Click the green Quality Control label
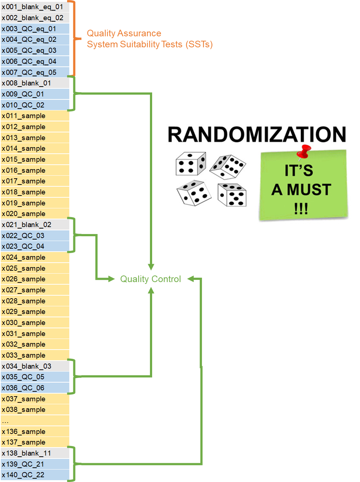point(151,279)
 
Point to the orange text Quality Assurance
point(124,33)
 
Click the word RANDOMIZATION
point(257,134)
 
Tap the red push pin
point(304,151)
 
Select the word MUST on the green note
point(309,190)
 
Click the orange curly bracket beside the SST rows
point(75,38)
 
